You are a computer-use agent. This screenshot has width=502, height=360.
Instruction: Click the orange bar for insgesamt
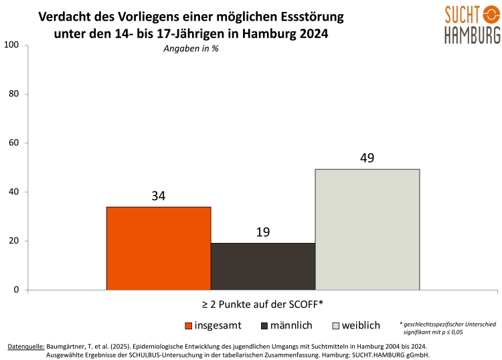point(159,248)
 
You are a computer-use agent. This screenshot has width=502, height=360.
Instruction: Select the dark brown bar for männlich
point(263,266)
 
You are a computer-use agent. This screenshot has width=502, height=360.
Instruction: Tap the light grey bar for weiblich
point(367,230)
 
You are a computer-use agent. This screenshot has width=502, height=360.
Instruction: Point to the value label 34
point(159,196)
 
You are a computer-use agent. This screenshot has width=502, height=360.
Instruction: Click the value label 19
point(263,232)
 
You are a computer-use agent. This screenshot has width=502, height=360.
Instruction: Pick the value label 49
point(367,159)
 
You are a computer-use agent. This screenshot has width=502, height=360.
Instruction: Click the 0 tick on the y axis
point(16,290)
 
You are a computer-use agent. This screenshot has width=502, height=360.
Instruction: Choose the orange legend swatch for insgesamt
point(189,326)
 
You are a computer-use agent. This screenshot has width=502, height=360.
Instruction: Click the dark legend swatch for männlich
point(265,326)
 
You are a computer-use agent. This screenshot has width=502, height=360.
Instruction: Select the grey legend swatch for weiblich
point(337,326)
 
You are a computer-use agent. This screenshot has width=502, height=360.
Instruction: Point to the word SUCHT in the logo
point(452,13)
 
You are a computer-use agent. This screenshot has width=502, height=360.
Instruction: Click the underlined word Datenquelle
point(26,346)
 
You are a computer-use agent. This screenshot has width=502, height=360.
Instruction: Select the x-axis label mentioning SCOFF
point(263,304)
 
